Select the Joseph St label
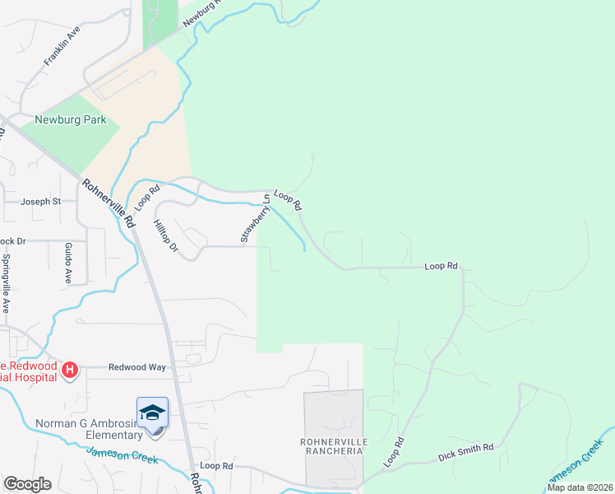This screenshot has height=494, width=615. click(40, 201)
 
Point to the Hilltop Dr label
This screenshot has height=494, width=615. click(167, 235)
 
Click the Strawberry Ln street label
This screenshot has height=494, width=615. click(256, 218)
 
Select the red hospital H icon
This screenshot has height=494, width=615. click(70, 370)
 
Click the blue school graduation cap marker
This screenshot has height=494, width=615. click(152, 412)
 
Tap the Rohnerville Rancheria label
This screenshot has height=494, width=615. click(332, 446)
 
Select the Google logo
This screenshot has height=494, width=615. click(27, 484)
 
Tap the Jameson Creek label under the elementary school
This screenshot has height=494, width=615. click(122, 454)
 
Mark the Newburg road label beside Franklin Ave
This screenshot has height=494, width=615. click(203, 12)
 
